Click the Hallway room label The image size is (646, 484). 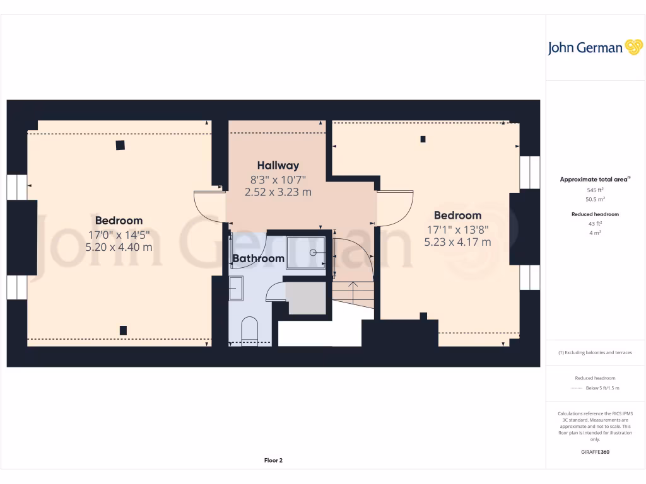pos(278,166)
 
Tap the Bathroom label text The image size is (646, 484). pos(258,258)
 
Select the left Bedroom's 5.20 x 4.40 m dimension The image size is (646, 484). pos(119,247)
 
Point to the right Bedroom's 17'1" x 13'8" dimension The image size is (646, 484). pos(457,229)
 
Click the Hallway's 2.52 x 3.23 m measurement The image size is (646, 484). pos(278,192)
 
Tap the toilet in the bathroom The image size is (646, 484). pos(249,330)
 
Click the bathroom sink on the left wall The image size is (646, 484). pos(236,288)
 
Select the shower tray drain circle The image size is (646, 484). pos(313,252)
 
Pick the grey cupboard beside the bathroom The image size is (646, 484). pos(307,298)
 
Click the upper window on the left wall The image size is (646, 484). pos(16,187)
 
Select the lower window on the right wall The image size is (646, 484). pos(530,277)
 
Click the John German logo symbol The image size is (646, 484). pos(633,47)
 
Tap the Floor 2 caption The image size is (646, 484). pos(273,461)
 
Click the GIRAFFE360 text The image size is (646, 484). pos(596,452)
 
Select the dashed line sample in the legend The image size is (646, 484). pos(576,388)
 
